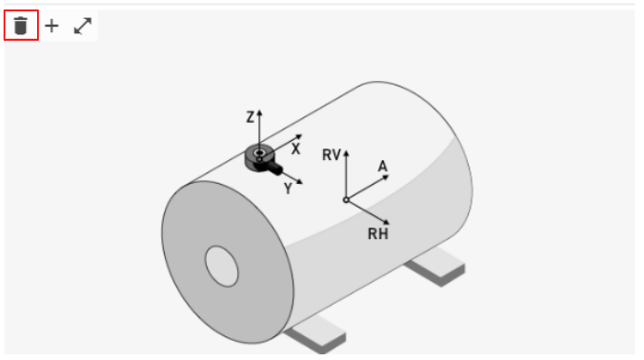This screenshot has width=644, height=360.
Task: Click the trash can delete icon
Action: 21,26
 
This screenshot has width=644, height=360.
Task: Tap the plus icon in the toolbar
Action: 51,26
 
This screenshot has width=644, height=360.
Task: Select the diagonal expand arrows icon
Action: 83,26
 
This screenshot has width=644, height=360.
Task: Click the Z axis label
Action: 250,117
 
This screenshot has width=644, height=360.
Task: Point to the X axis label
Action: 295,149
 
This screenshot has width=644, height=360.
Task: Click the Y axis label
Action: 289,189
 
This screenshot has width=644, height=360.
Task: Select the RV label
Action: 332,154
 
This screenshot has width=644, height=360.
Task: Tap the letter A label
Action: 382,167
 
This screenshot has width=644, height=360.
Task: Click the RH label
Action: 378,233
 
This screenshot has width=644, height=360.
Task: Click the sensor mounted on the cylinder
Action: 262,159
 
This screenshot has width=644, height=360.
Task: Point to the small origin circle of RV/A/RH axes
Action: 346,200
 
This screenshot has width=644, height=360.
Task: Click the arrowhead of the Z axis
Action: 259,112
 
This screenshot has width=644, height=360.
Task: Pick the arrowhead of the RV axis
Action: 346,153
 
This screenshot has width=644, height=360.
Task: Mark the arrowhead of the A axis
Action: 386,177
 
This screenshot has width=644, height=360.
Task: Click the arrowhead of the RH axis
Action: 386,223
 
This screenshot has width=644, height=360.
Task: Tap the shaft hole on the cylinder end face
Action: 222,266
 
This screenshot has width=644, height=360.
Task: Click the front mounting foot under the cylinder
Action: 317,334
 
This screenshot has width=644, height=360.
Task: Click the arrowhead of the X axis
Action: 299,137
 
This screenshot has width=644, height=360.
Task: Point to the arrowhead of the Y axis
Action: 299,182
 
